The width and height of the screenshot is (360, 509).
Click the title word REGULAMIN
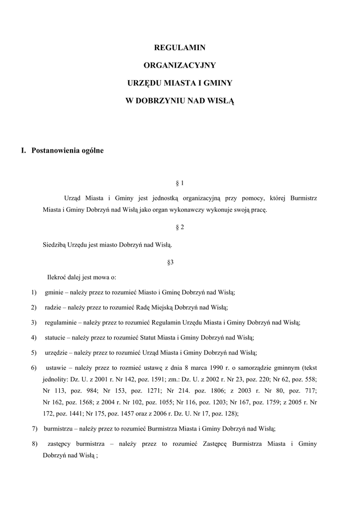tap(180, 48)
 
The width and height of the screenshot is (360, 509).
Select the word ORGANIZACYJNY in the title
tap(180, 65)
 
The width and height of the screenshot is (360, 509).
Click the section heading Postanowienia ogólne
tap(68, 151)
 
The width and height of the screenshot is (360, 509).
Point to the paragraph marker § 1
tap(180, 183)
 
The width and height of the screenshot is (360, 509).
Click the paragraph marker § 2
tap(180, 227)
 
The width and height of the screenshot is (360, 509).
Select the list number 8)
tap(35, 443)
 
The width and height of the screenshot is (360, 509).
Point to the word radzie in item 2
tap(53, 307)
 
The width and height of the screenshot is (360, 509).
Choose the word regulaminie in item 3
tap(60, 323)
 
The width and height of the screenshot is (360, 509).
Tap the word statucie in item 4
tap(55, 338)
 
